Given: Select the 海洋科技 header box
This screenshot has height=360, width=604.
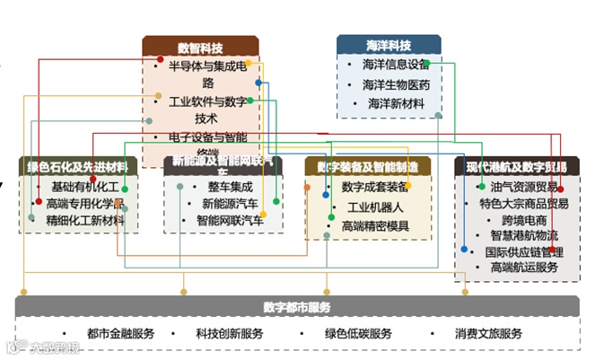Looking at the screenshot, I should click(x=389, y=45).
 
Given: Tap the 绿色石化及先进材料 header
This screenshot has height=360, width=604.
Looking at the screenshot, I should click(x=78, y=166).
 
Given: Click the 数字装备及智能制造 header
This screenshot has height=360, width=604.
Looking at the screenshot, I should click(x=367, y=166).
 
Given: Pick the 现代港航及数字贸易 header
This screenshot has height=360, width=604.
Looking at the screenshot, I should click(x=517, y=166).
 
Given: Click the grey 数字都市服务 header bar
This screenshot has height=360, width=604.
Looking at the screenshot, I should click(x=297, y=307).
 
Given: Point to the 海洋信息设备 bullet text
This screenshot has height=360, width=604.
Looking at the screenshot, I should click(x=396, y=65).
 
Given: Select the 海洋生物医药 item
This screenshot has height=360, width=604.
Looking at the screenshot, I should click(x=396, y=85).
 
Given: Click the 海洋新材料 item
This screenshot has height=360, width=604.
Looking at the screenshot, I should click(x=396, y=104).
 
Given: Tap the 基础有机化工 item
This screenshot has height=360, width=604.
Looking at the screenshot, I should click(x=85, y=187).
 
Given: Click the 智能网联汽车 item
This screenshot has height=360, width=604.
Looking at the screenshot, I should click(x=230, y=220).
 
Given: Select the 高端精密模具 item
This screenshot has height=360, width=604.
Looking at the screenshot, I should click(x=374, y=225).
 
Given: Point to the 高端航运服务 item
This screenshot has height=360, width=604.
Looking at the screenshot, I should click(x=524, y=268).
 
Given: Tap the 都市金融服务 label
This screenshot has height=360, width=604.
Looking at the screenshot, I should click(x=121, y=334).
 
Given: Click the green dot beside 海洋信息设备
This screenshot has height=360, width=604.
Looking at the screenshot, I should click(x=426, y=64).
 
